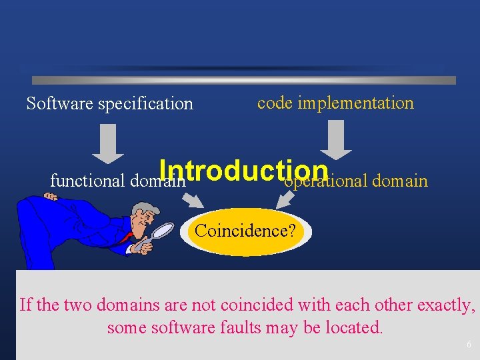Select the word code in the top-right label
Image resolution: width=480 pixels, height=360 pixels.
[275, 103]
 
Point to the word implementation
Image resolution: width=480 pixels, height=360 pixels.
[356, 103]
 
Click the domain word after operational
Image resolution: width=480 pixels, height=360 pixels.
[400, 180]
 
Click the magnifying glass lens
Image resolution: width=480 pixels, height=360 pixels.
[163, 231]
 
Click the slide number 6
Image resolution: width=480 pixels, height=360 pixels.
[469, 345]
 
